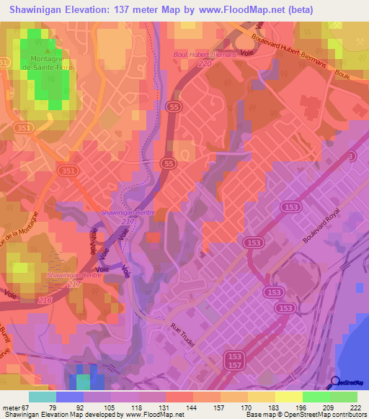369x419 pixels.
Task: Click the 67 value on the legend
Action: (25, 407)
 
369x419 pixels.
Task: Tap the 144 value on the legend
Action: (192, 407)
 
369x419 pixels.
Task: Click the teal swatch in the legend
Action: (42, 397)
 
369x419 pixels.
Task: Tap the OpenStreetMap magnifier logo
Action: (335, 382)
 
